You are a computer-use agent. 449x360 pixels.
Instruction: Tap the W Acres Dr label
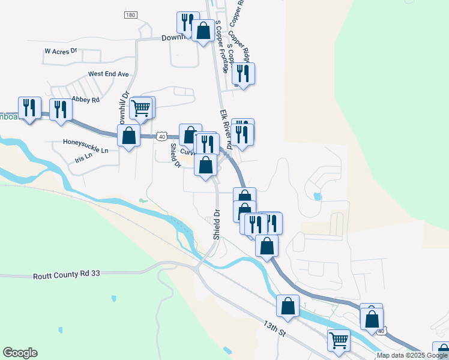pos(61,51)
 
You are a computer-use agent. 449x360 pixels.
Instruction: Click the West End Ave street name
pos(108,74)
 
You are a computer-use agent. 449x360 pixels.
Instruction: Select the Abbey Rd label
pos(85,100)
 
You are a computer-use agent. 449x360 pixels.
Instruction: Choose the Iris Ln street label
pos(83,156)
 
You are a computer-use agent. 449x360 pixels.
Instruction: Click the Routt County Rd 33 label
pos(65,274)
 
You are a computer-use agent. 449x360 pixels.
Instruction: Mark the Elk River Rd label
pos(226,127)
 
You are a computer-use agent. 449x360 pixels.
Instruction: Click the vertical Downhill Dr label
pos(124,108)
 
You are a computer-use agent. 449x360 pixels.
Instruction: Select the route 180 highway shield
pos(131,14)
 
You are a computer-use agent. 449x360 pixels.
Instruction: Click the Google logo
pos(20,353)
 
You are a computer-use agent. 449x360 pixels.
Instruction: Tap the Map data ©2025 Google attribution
pos(412,355)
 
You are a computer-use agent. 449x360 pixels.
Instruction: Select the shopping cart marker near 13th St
pos(339,340)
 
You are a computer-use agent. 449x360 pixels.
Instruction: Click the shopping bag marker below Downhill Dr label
pos(128,136)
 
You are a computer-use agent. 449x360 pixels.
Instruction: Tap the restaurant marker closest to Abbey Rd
pos(61,110)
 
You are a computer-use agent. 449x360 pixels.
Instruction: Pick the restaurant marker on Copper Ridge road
pos(243,74)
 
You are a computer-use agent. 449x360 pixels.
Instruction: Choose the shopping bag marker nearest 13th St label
pos(288,305)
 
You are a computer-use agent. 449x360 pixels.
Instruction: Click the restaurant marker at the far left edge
pos(29,108)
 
